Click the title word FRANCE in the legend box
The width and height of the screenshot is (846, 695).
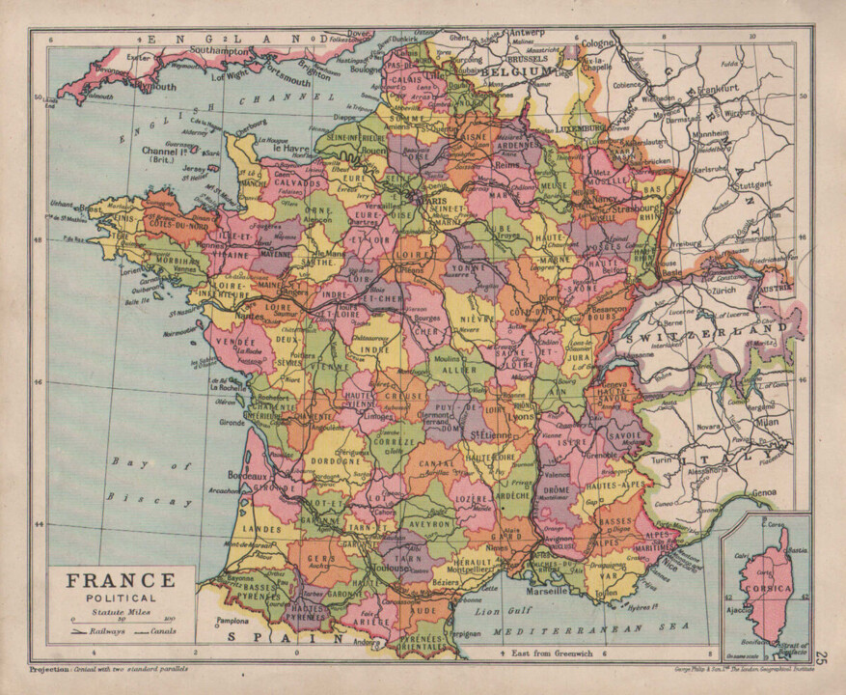(107, 580)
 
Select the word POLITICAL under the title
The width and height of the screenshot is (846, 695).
(107, 598)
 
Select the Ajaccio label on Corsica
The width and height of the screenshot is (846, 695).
(739, 611)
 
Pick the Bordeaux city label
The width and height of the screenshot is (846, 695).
(248, 476)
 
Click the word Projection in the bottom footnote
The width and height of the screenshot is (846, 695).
(48, 668)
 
